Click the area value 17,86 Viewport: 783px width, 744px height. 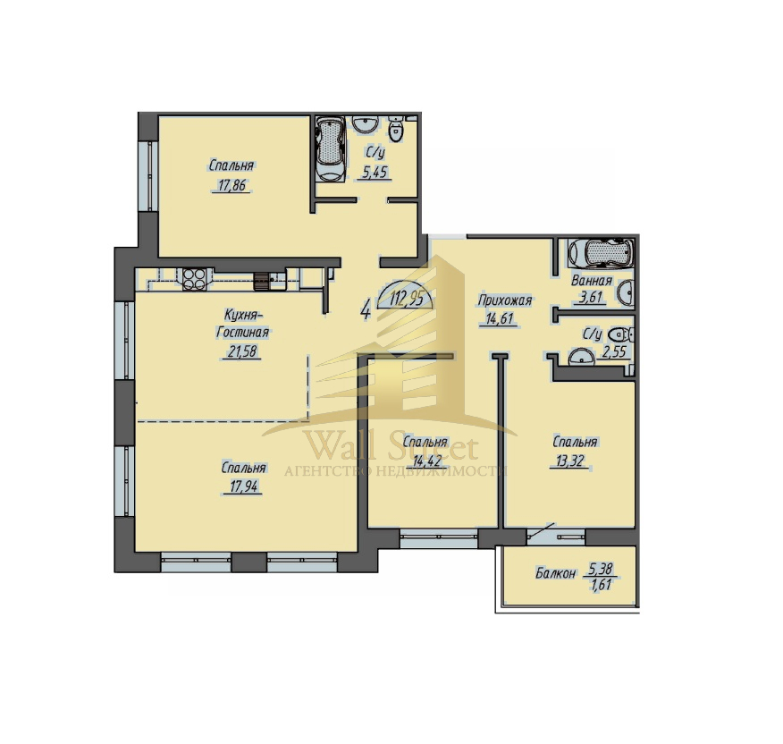point(232,186)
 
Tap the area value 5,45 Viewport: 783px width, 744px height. point(375,173)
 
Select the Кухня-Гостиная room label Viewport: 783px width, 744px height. point(243,324)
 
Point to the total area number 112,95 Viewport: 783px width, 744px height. point(406,300)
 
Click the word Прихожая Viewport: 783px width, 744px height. point(504,300)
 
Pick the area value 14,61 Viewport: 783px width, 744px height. point(500,318)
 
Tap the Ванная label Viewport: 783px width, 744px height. point(592,280)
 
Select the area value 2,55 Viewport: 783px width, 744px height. point(614,351)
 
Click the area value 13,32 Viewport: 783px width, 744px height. point(569,461)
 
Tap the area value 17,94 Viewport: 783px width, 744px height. point(244,486)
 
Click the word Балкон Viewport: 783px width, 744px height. point(555,573)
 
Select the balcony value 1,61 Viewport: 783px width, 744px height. point(602,585)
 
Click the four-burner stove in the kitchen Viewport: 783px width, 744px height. point(194,280)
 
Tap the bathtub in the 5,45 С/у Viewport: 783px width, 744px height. point(330,149)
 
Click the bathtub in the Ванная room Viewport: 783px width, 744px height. point(602,253)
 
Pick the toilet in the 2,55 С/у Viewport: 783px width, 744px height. point(624,334)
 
